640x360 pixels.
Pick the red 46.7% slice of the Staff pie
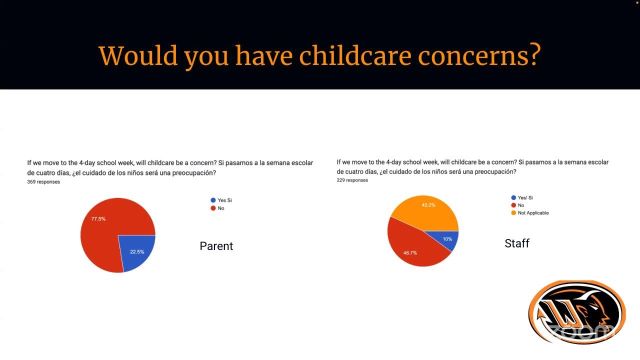click(415, 247)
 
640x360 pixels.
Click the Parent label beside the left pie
click(216, 246)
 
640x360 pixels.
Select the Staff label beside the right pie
click(516, 243)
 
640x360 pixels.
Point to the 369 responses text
click(43, 182)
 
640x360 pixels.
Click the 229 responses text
click(352, 180)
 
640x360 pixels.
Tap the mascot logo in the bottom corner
click(576, 312)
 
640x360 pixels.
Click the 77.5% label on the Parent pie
click(98, 219)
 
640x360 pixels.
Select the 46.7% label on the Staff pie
click(410, 253)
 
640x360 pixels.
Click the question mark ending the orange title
click(534, 55)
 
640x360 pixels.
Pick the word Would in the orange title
click(138, 55)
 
